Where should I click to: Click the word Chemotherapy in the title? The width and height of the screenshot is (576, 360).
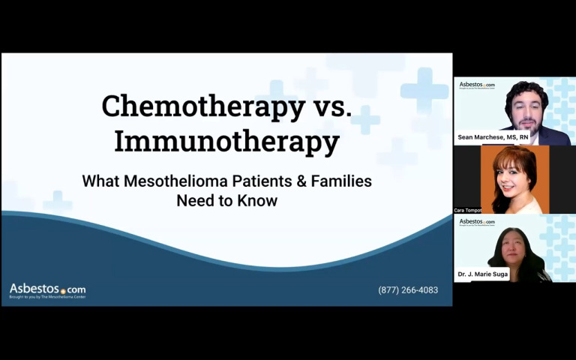pos(202,106)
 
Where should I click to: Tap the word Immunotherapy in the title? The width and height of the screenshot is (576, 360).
pos(226,140)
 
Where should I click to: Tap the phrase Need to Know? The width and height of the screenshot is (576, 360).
pos(226,201)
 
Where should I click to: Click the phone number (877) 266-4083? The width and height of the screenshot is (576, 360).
pos(408,290)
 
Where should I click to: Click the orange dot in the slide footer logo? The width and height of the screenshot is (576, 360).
pos(63,291)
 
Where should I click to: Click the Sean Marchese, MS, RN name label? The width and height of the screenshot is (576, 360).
pos(493,137)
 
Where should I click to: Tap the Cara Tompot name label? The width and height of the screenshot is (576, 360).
pos(468,210)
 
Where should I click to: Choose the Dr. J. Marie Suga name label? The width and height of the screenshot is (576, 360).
pos(482,274)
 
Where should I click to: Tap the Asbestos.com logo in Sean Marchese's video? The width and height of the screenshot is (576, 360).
pos(477,85)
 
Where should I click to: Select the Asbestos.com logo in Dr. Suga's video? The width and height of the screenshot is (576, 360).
pos(477,222)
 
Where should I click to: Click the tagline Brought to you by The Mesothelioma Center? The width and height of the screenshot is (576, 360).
pos(47,297)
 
